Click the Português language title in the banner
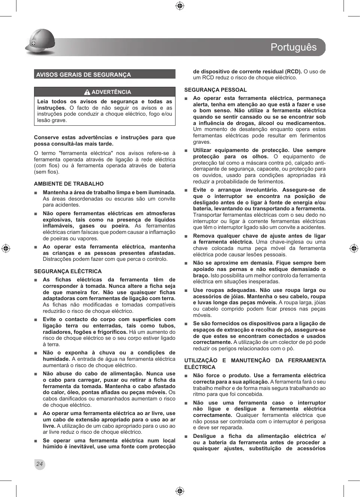293,47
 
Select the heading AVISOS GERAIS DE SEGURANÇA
83,74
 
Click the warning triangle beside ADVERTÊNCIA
87,92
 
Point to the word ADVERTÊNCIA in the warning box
111,92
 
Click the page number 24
39,464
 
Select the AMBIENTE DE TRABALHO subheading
69,184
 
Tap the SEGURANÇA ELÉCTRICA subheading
68,271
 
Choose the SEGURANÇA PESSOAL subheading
216,90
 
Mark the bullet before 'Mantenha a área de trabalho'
36,193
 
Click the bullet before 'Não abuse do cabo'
36,374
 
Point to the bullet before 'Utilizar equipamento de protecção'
186,150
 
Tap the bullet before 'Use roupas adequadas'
186,290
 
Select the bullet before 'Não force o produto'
186,376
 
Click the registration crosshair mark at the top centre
180,6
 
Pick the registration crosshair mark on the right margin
354,248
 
